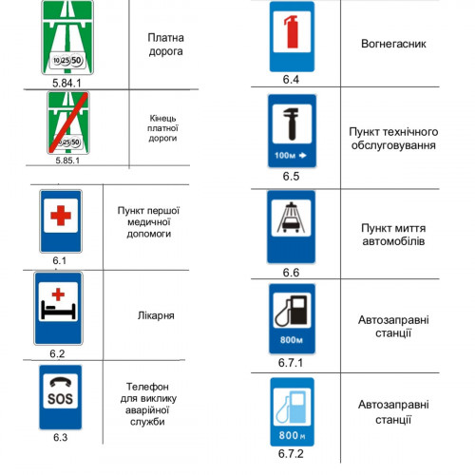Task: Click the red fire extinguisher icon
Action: (292, 31)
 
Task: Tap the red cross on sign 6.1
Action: (61, 216)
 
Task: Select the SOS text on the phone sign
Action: (60, 399)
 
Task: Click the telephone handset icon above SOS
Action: (60, 383)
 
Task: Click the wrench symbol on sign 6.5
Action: (292, 123)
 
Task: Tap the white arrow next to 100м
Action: (303, 155)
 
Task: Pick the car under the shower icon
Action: (291, 224)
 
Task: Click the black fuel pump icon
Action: (292, 311)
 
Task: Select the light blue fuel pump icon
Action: (292, 407)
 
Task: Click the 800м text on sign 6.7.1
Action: (292, 340)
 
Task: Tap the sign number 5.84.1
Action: (66, 83)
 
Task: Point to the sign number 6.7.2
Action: (291, 453)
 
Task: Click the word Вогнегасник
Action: (393, 44)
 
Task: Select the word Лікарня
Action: (156, 315)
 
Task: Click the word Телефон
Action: (147, 387)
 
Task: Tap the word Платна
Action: (165, 38)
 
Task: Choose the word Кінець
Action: (162, 119)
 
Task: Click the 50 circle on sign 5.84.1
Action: (76, 60)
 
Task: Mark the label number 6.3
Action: (60, 437)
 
